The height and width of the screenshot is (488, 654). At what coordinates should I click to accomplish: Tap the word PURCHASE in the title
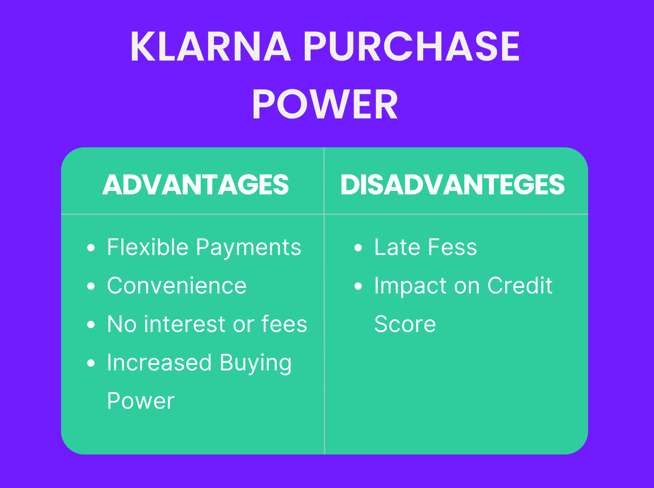(412, 46)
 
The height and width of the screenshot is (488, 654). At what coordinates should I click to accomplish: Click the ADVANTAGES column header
(195, 184)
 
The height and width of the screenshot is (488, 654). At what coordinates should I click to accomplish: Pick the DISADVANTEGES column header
(452, 184)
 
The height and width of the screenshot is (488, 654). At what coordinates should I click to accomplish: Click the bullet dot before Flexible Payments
(91, 247)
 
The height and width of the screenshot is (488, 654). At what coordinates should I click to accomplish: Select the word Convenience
(177, 285)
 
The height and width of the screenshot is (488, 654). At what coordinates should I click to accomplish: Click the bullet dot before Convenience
(91, 286)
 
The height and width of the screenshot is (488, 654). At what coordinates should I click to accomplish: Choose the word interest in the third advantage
(185, 324)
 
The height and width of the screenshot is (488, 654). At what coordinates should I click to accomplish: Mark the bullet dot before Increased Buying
(91, 363)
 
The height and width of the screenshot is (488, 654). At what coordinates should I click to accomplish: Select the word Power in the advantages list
(141, 401)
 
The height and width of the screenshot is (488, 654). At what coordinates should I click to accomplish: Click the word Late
(397, 247)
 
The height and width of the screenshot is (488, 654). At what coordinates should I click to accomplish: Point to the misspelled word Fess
(452, 247)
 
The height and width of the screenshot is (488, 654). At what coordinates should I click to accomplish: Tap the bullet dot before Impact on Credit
(358, 286)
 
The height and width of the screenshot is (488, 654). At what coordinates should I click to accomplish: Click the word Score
(405, 324)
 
